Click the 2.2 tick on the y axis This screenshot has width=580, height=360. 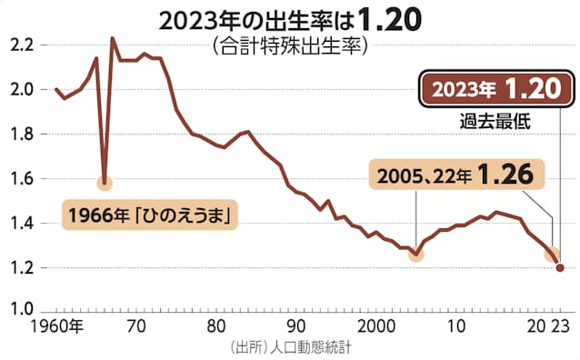[23, 45]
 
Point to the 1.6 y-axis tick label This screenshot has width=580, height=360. [23, 179]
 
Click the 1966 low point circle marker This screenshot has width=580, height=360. [105, 183]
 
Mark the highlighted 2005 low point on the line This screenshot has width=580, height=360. [415, 255]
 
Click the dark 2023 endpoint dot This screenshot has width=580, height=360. [560, 267]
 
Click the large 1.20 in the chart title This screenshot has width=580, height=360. [389, 20]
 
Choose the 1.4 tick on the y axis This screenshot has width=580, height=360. [23, 224]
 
